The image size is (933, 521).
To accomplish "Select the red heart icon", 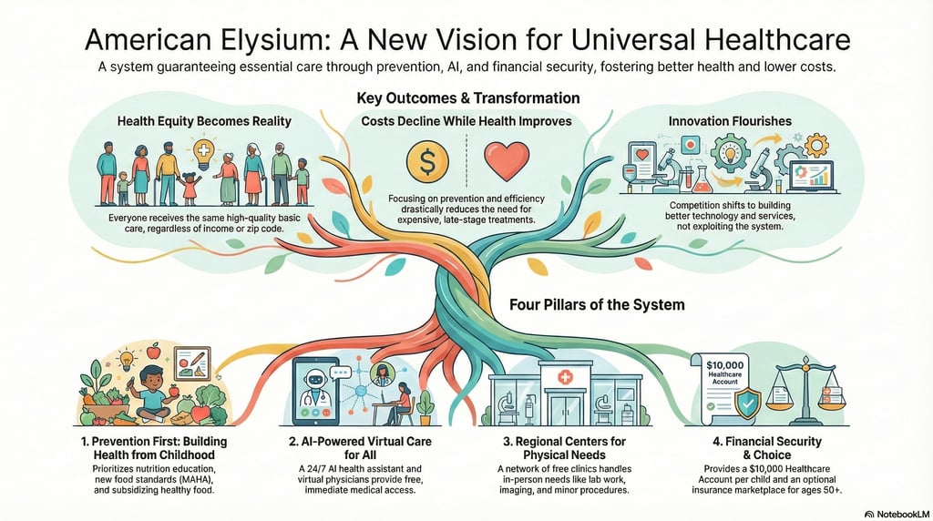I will pos(504,160).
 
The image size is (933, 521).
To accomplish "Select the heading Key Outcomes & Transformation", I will pos(466,97).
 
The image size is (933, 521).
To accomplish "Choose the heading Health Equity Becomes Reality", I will pos(204,120).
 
